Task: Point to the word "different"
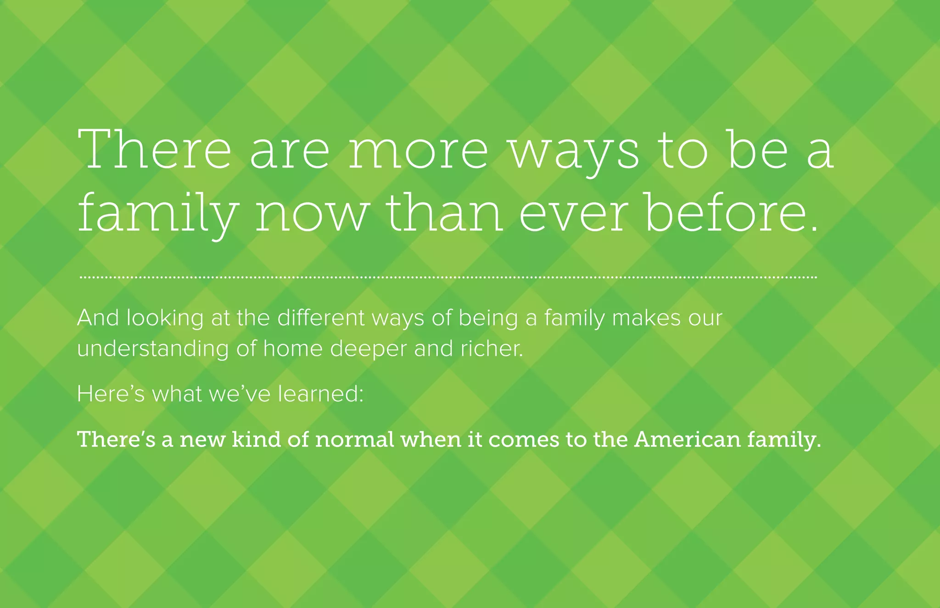pyautogui.click(x=321, y=318)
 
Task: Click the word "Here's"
pyautogui.click(x=111, y=394)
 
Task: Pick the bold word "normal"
pyautogui.click(x=355, y=440)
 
